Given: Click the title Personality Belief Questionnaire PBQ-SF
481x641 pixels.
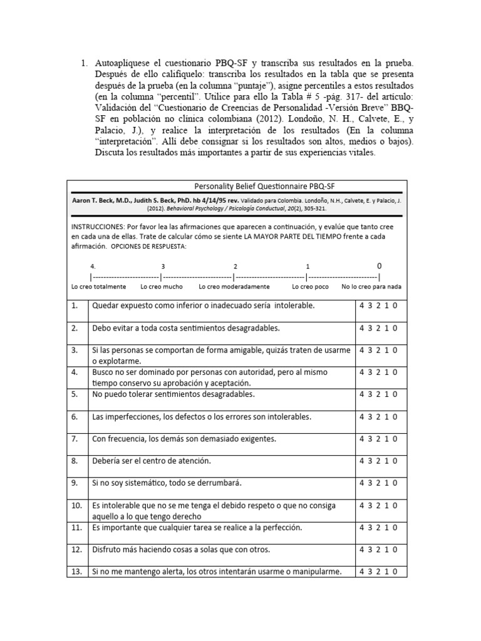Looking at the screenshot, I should tap(237, 186).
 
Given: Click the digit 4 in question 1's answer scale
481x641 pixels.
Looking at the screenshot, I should tap(361, 305).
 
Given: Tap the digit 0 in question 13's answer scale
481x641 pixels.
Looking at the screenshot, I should tap(395, 572).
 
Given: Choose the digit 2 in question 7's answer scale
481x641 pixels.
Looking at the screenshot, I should tap(378, 439).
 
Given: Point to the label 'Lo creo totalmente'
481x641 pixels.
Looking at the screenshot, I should tap(99, 287).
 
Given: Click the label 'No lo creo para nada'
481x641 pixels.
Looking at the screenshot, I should tap(371, 287).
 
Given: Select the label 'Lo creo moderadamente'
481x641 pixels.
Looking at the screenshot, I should tap(234, 287).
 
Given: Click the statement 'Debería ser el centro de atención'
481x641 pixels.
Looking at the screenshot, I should tap(152, 461).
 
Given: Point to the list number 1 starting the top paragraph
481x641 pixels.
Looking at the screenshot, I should tap(85, 64).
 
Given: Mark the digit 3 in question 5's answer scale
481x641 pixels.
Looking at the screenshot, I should tap(370, 394).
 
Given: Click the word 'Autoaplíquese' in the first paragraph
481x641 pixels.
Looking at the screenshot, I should tap(125, 64).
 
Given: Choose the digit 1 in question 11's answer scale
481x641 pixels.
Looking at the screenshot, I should tap(387, 528).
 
